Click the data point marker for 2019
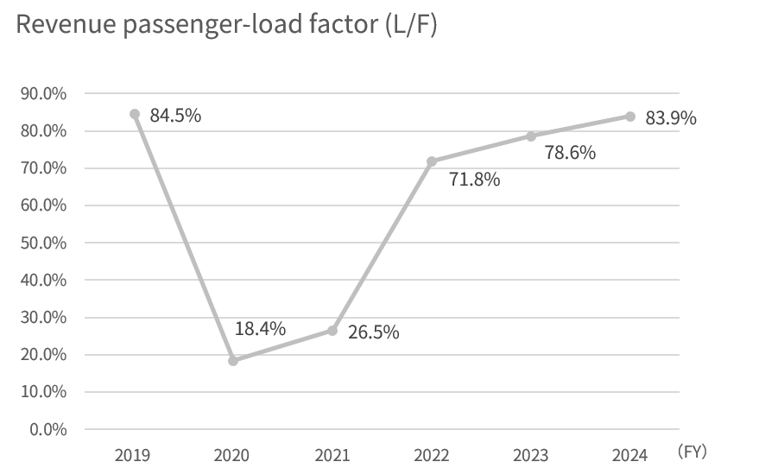(134, 113)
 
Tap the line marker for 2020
(233, 361)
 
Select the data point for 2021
(332, 331)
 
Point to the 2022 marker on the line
(431, 161)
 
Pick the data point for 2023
(530, 136)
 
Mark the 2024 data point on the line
(629, 117)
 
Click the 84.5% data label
(175, 115)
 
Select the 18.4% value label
(260, 328)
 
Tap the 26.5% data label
(373, 332)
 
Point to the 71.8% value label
(475, 180)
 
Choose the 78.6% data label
(570, 153)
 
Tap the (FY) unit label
(693, 451)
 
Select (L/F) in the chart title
(407, 26)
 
